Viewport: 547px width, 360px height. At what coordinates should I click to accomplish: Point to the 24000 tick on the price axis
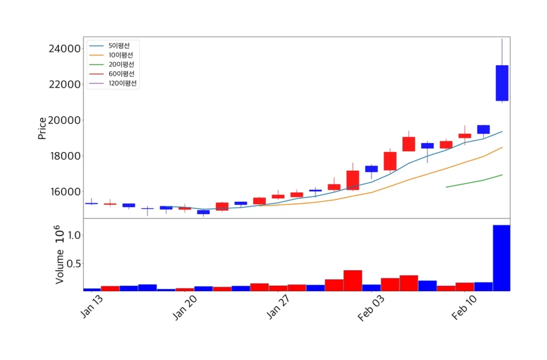click(64, 49)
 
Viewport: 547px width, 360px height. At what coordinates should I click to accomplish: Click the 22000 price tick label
click(64, 84)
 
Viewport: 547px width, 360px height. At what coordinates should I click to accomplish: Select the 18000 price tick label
click(64, 156)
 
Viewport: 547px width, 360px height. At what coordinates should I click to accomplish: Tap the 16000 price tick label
click(64, 192)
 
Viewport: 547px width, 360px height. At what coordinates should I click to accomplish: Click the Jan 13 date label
click(91, 308)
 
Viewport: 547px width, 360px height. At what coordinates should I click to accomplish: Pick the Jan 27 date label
click(279, 308)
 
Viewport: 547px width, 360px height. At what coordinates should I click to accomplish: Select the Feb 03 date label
click(371, 308)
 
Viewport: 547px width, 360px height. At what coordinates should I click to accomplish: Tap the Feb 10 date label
click(464, 308)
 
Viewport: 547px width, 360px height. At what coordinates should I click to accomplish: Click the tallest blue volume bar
click(501, 258)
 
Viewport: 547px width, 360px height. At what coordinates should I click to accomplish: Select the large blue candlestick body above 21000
click(502, 83)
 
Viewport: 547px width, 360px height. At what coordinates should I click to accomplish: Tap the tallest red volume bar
click(353, 280)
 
